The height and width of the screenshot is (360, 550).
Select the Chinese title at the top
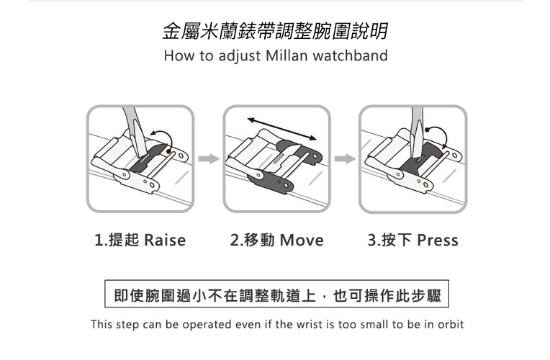(275, 31)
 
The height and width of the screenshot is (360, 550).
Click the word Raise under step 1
(165, 240)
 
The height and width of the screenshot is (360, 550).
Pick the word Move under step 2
(302, 240)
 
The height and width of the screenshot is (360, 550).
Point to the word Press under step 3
(438, 240)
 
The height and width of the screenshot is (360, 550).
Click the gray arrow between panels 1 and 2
(209, 158)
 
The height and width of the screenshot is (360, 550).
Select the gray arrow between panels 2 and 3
(345, 158)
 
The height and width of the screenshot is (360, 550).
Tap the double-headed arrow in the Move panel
(281, 129)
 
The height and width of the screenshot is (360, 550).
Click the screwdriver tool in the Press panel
(417, 132)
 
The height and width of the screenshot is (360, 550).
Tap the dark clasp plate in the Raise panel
(147, 158)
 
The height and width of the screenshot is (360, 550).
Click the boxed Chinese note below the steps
(276, 294)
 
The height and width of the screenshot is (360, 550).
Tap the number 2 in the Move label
(234, 240)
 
